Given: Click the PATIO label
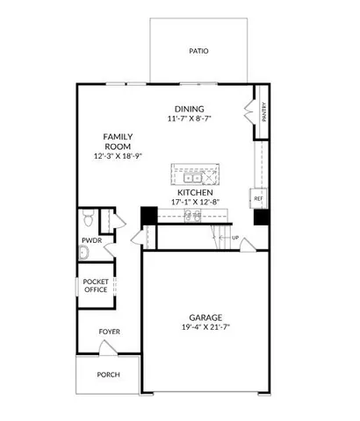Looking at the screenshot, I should (199, 51).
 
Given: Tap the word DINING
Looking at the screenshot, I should (188, 108).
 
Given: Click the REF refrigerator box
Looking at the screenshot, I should (259, 199).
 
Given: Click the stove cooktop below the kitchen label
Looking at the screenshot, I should (193, 215).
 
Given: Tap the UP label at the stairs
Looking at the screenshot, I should (235, 237).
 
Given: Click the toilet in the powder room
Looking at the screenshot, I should (87, 218).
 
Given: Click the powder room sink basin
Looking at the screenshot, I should (83, 253).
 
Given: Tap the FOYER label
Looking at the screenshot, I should (109, 332).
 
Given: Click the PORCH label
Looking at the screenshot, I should (109, 375).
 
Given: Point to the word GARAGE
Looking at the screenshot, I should (204, 317).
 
